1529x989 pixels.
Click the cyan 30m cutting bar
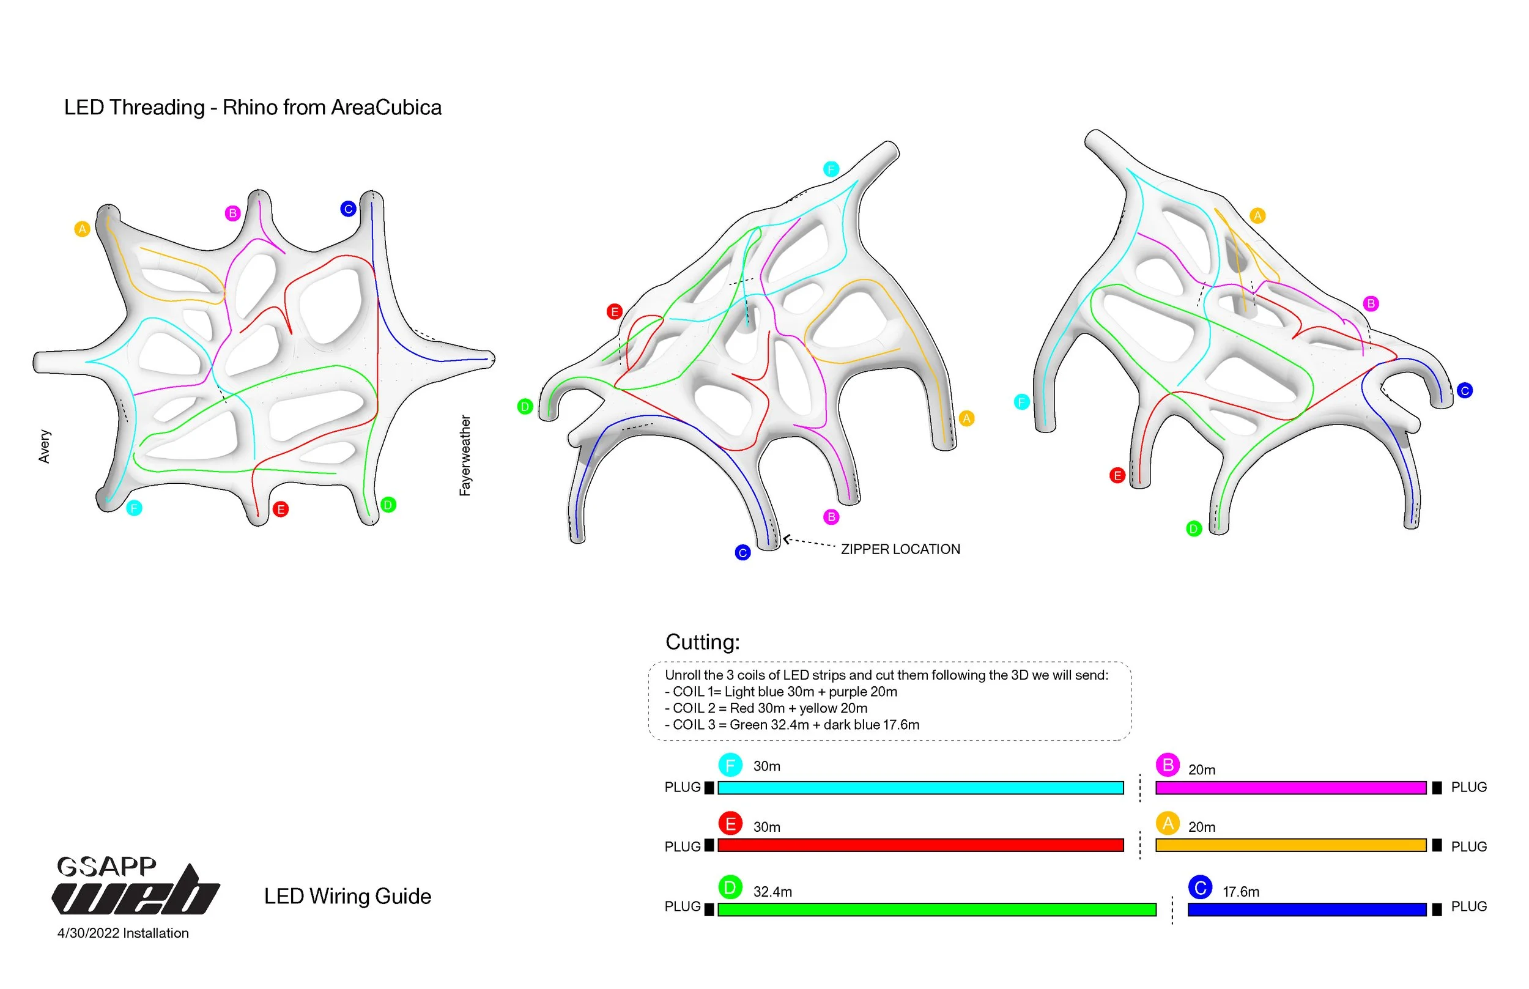point(920,787)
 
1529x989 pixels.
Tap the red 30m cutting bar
point(920,845)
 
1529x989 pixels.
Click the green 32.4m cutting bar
point(936,909)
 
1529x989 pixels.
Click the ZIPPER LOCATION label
point(900,549)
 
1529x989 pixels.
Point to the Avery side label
point(44,446)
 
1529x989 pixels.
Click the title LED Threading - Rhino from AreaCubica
point(253,107)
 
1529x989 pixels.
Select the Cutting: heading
point(703,642)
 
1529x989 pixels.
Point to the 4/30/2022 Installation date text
point(123,933)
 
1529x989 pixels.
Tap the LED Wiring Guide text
point(347,896)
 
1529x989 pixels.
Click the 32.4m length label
point(772,891)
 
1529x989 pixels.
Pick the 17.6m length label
point(1240,891)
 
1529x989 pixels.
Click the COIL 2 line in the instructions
point(766,708)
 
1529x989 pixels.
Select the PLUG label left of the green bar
point(682,906)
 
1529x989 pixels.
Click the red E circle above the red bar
point(730,823)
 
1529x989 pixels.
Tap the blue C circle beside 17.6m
point(1199,887)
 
